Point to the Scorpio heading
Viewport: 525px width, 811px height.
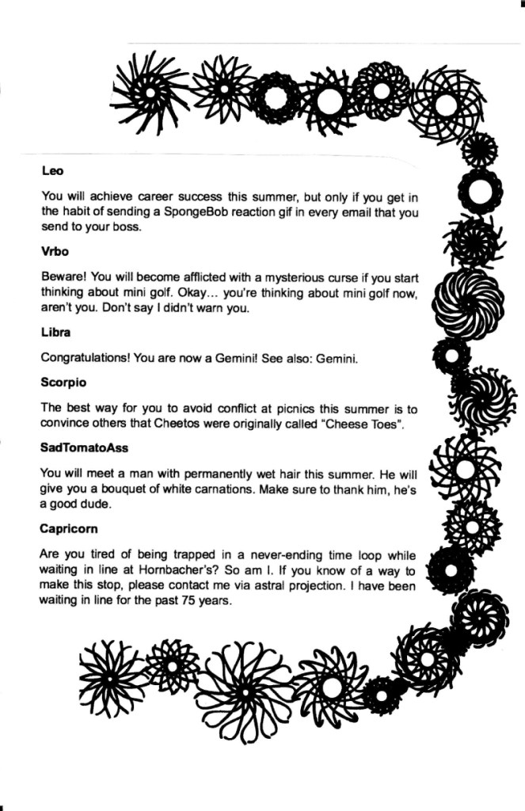pyautogui.click(x=63, y=383)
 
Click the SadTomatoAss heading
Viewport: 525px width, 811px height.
pyautogui.click(x=84, y=448)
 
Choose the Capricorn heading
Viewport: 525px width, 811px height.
pyautogui.click(x=70, y=527)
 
